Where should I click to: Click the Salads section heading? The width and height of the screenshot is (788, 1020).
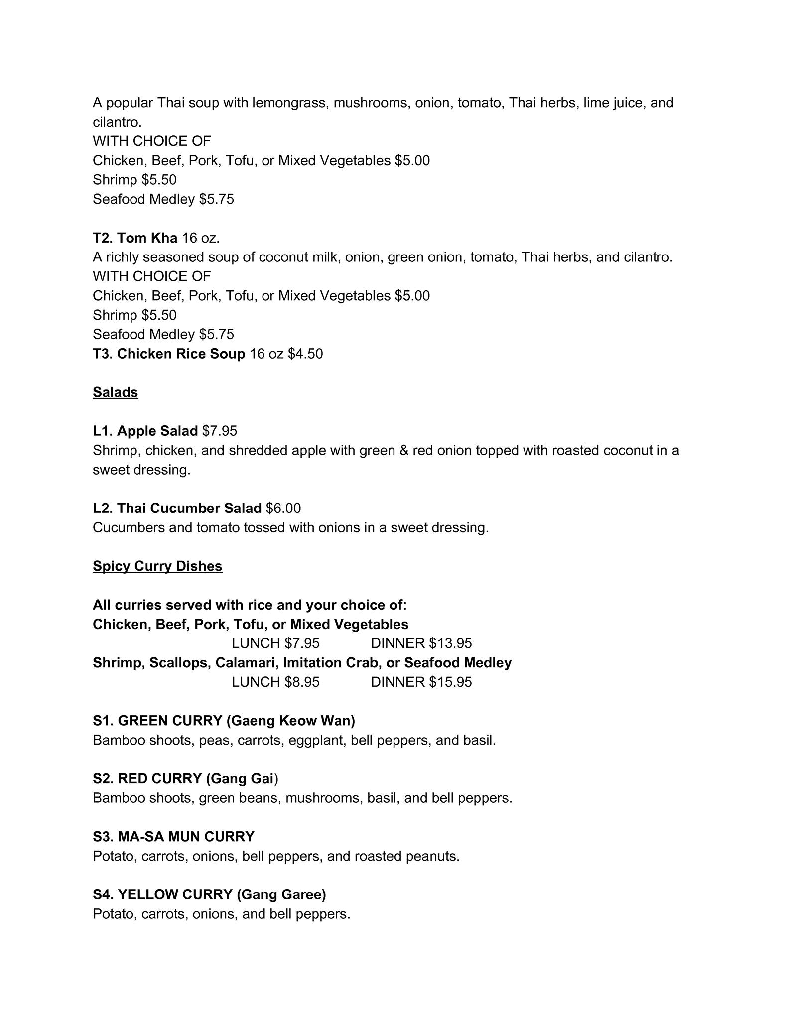click(115, 392)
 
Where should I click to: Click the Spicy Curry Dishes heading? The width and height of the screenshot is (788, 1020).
click(157, 566)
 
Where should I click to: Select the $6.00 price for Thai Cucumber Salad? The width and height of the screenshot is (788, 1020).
click(283, 508)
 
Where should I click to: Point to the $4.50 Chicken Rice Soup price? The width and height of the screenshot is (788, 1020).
click(305, 354)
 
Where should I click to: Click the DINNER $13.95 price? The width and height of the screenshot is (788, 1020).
click(421, 643)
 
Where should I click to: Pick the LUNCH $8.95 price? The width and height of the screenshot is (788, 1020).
click(275, 682)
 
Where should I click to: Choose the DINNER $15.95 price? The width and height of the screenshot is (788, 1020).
click(421, 682)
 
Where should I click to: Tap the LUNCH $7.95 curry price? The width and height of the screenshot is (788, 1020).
click(275, 643)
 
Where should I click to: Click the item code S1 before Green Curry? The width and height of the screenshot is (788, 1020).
click(102, 721)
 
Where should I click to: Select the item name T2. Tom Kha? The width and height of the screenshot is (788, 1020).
click(135, 238)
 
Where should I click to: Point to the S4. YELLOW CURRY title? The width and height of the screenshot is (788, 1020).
click(209, 894)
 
